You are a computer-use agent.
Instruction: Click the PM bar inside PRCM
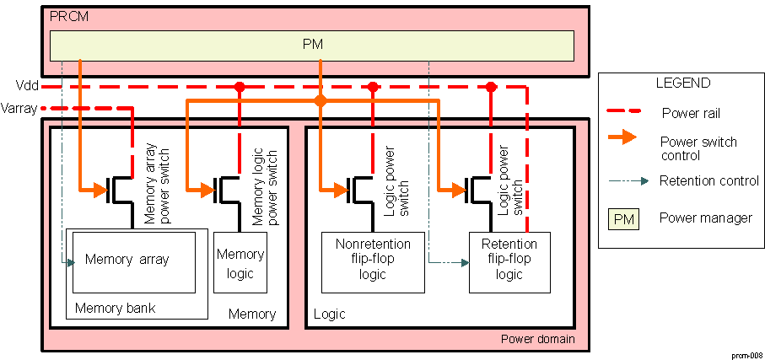[312, 44]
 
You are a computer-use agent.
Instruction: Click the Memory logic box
[240, 262]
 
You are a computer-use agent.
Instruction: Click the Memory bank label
[115, 308]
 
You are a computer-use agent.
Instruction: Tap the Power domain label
[537, 339]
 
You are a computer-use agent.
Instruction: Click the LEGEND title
[682, 83]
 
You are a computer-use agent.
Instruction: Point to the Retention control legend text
[709, 180]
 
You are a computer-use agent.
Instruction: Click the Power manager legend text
[706, 218]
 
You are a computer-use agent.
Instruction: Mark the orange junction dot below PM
[321, 101]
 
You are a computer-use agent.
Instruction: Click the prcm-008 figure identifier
[746, 355]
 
